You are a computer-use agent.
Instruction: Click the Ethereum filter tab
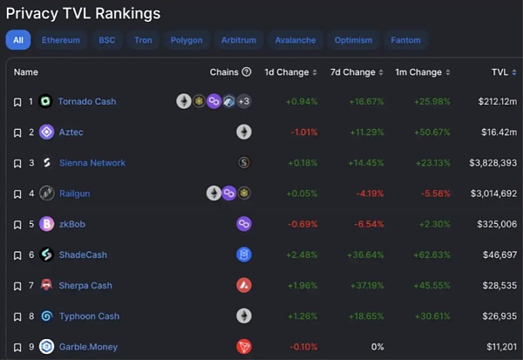[x=61, y=40]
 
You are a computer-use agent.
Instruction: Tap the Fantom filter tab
[x=405, y=40]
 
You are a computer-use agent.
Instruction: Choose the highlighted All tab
[x=18, y=40]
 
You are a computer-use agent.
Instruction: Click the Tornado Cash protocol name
[x=86, y=101]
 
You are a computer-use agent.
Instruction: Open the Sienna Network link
[x=92, y=163]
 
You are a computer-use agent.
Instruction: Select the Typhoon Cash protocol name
[x=88, y=316]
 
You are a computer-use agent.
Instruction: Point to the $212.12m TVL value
[x=498, y=101]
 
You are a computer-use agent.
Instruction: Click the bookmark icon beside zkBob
[x=17, y=224]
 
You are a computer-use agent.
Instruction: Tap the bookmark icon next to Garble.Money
[x=17, y=347]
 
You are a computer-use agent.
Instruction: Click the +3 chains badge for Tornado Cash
[x=244, y=101]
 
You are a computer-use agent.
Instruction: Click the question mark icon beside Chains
[x=247, y=71]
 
